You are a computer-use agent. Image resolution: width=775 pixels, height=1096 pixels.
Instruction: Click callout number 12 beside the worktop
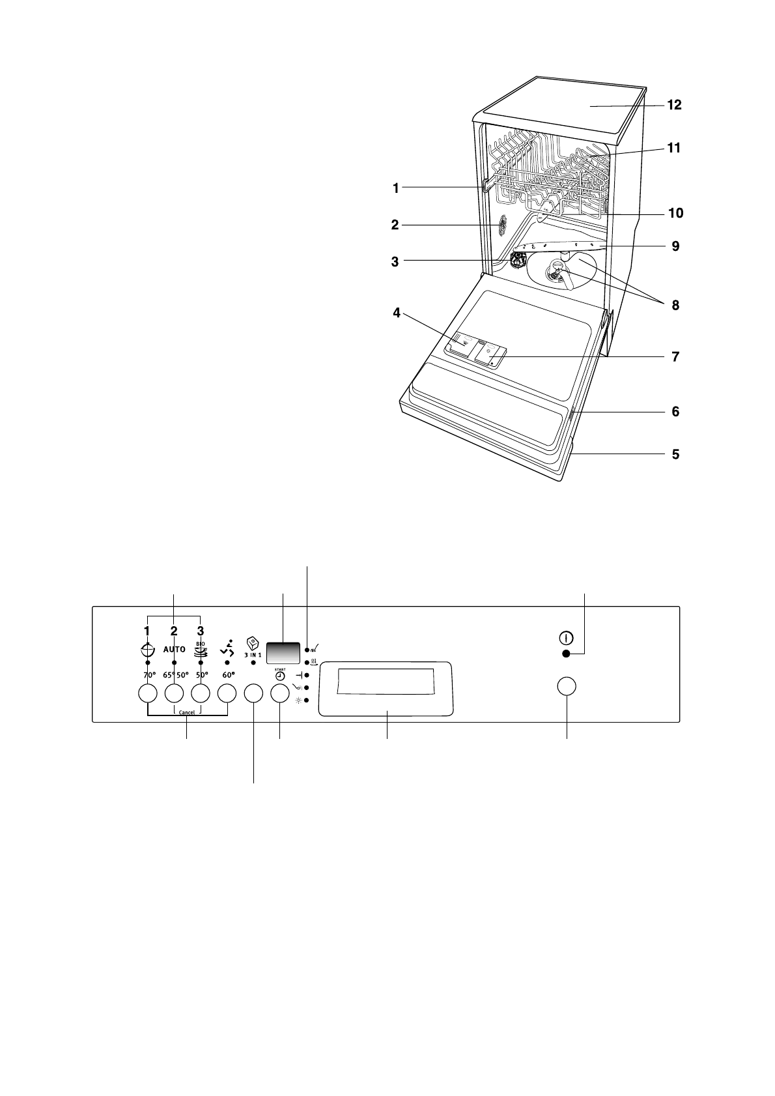click(674, 104)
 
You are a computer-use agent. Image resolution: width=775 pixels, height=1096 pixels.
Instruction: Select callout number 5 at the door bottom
click(675, 454)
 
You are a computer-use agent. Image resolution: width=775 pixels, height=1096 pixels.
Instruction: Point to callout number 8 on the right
click(675, 304)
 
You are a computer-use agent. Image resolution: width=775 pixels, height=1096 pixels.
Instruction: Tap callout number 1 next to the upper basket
click(395, 188)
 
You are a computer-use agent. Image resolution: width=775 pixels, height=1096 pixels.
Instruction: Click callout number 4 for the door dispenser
click(397, 313)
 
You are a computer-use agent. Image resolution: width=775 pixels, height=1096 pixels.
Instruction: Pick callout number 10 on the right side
click(674, 213)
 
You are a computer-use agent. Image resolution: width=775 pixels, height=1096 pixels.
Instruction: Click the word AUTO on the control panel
click(174, 649)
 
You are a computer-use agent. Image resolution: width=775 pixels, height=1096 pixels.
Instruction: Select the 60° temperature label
click(227, 675)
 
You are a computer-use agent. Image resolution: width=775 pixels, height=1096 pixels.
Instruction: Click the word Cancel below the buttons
click(187, 712)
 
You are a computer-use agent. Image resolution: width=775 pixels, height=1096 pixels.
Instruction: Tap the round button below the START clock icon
click(279, 693)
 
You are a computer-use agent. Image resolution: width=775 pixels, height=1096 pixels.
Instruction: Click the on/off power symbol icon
click(566, 638)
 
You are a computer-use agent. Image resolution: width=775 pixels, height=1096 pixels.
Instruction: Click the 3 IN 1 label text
click(253, 654)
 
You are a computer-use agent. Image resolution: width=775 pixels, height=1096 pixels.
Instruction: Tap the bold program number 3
click(201, 630)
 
